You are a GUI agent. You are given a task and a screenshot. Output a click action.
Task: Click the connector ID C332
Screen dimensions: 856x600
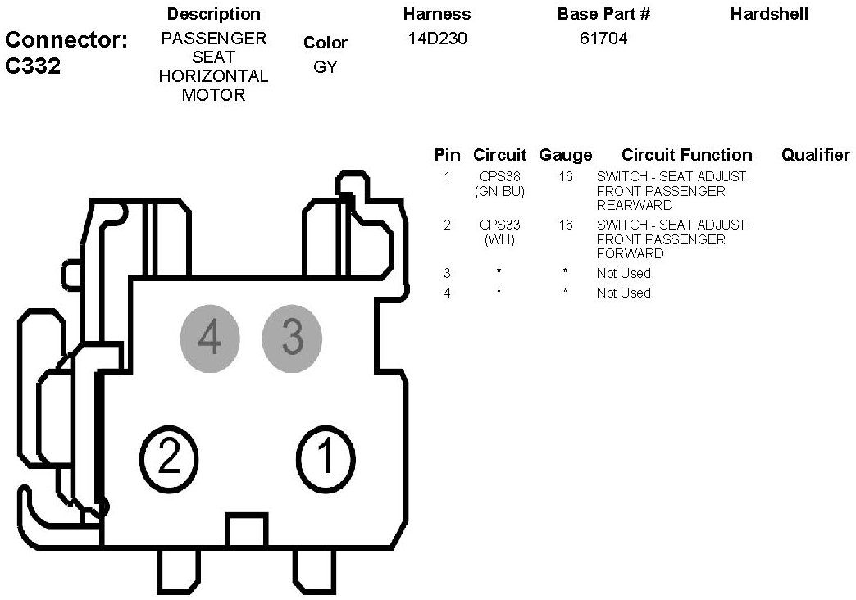coord(33,66)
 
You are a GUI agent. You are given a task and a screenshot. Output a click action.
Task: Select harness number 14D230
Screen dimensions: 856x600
coord(437,39)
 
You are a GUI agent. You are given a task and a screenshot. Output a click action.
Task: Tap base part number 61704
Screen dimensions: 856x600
coord(603,39)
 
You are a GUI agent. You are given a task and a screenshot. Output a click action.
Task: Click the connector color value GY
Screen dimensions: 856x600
coord(326,66)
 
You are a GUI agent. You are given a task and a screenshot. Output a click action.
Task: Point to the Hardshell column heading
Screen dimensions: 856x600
coord(769,14)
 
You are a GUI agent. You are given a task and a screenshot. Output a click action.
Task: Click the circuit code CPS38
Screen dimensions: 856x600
coord(499,176)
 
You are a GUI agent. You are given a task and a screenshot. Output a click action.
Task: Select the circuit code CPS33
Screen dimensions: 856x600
coord(499,225)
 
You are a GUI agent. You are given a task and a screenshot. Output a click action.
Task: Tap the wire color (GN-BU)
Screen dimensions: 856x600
coord(499,191)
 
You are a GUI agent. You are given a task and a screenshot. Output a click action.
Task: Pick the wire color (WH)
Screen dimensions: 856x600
coord(499,239)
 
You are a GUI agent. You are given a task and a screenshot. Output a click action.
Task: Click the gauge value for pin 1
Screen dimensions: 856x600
coord(566,176)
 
